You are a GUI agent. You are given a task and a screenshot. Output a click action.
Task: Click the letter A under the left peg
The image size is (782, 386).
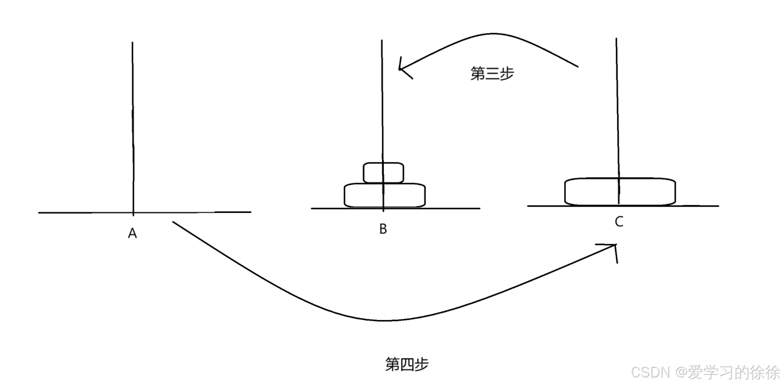[132, 233]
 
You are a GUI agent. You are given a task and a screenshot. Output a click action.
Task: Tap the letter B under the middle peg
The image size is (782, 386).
[383, 229]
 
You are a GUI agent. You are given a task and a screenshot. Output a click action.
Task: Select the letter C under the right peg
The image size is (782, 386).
[619, 222]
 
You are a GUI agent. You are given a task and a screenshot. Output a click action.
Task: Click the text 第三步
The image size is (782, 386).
[492, 73]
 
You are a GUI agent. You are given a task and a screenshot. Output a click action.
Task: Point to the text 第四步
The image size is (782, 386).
[407, 364]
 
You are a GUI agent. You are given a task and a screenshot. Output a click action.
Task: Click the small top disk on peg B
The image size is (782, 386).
[383, 173]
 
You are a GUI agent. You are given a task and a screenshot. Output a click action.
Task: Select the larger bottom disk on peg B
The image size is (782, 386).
[385, 195]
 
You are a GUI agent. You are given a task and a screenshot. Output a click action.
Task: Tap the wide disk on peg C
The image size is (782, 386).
[620, 191]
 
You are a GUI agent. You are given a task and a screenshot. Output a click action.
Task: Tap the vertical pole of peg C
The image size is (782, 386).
[617, 108]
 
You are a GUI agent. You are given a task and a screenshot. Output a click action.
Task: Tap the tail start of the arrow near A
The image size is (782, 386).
[174, 223]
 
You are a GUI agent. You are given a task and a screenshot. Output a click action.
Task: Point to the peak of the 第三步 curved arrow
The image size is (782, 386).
[492, 34]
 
